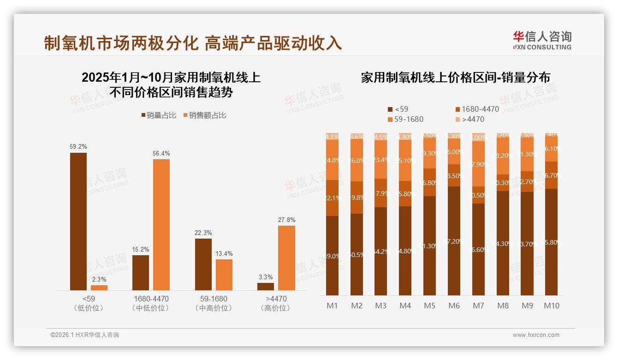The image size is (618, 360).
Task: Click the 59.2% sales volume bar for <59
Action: coord(78,222)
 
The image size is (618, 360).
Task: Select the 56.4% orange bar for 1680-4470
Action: coord(161,225)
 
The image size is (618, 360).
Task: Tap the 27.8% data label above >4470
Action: coord(286,220)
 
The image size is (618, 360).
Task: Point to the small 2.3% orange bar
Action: coord(99,288)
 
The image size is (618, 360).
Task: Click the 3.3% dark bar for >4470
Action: coord(266,287)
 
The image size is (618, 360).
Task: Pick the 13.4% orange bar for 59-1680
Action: coord(224,275)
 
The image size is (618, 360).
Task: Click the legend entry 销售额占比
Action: coord(205,115)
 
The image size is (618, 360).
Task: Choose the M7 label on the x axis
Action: coord(479,306)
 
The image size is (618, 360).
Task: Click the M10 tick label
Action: coord(552,306)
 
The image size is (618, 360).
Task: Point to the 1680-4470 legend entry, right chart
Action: coord(477,109)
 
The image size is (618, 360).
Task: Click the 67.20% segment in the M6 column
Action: coord(454,240)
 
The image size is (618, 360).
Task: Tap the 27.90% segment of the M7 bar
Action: coord(479,164)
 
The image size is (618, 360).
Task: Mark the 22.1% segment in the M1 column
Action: coord(333,198)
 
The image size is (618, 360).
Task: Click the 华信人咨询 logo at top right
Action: coord(542,41)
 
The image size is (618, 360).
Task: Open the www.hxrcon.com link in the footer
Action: coord(536,335)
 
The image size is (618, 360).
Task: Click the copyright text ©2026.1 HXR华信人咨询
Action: coord(85,335)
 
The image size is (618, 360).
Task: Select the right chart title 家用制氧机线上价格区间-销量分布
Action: coord(455,78)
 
